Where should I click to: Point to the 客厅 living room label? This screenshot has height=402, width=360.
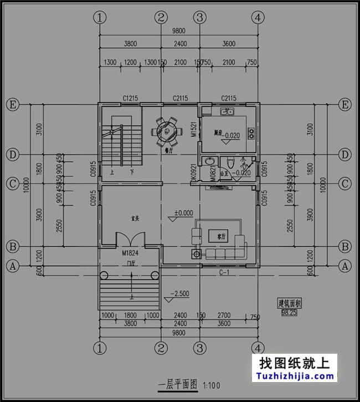pos(222,236)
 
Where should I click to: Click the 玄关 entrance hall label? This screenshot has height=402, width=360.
pos(134,217)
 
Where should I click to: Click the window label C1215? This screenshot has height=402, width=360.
pos(130,98)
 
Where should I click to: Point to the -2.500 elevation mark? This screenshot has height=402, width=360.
pos(181,293)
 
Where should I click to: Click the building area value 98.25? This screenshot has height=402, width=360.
pos(289,313)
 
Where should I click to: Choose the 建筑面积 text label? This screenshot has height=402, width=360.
pos(289,303)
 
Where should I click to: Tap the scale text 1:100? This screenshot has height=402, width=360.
pos(212,385)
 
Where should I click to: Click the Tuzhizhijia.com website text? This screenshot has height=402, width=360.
pos(296,376)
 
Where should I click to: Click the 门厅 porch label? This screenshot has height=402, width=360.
pos(131,263)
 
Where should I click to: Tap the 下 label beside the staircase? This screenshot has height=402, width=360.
pos(132,172)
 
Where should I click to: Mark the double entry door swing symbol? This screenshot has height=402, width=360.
pos(130,239)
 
